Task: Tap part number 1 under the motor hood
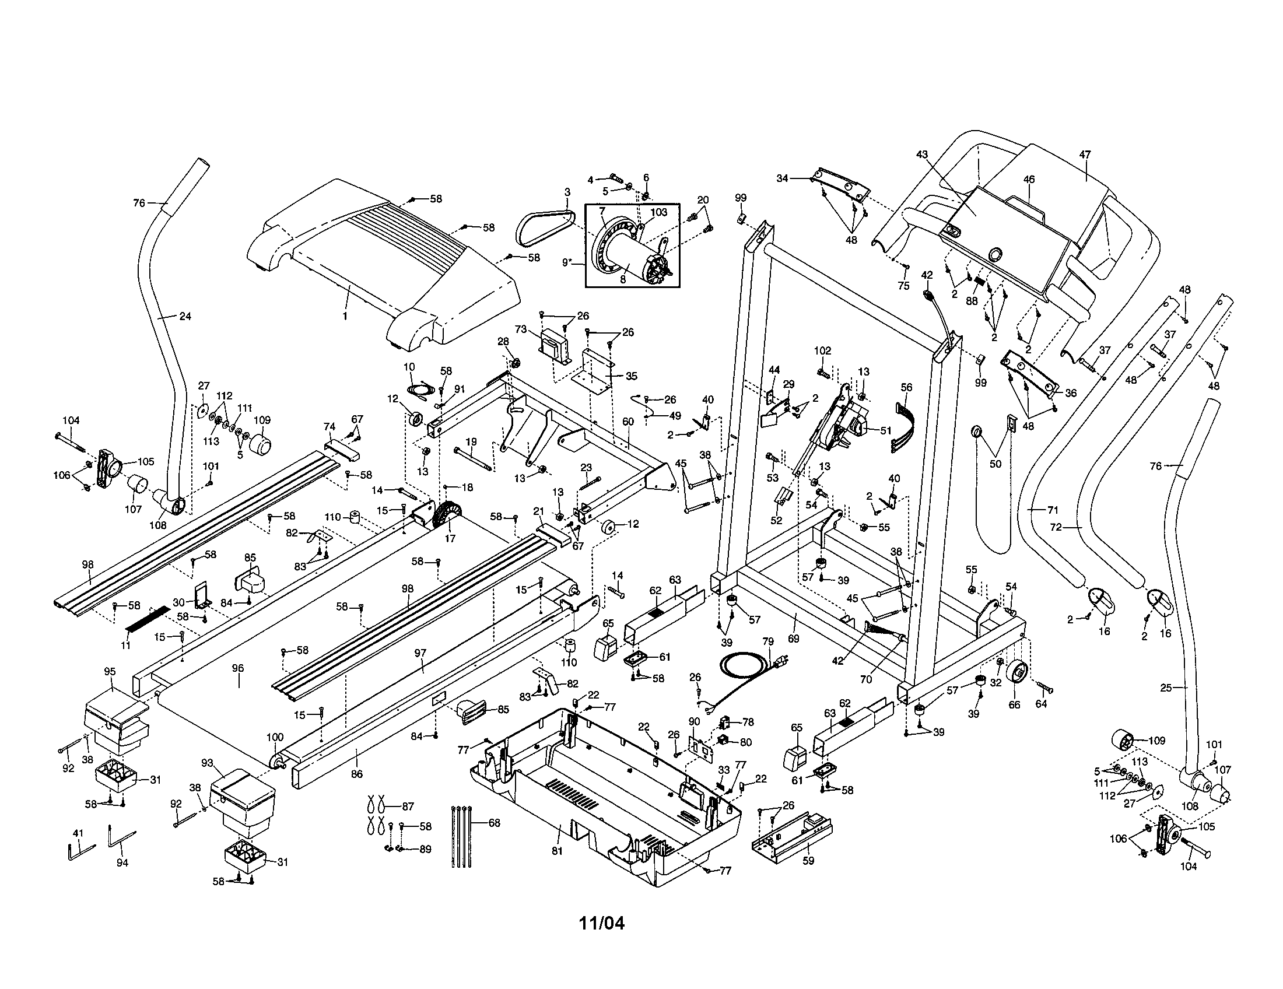pos(345,316)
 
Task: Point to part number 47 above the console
pos(1085,155)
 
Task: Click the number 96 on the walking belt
pos(238,668)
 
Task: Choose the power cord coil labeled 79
pos(746,668)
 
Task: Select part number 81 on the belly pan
pos(557,851)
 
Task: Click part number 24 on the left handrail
pos(185,316)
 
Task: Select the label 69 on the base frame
pos(793,639)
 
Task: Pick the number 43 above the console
pos(921,154)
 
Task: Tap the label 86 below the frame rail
pos(356,774)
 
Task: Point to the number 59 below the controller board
pos(808,861)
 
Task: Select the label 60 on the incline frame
pos(628,422)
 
